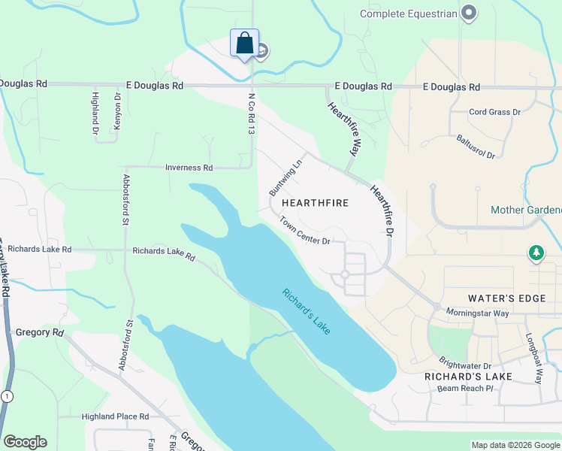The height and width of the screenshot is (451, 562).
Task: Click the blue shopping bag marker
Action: pos(244,44)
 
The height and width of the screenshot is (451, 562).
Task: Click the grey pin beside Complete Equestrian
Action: pos(470,13)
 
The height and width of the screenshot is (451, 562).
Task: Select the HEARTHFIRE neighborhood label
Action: pos(316,204)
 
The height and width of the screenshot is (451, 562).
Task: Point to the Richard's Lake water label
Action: pos(306,311)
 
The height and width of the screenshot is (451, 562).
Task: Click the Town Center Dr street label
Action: pos(305,231)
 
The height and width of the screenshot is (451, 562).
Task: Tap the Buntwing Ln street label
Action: pos(286,174)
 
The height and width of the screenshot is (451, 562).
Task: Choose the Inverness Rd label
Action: pos(189,167)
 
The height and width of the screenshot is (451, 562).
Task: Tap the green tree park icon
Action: pos(536,254)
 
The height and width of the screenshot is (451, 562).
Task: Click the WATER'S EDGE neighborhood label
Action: pos(507,298)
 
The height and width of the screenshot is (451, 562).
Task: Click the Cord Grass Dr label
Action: pos(494,112)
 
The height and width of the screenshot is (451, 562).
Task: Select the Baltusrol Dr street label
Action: pos(475,146)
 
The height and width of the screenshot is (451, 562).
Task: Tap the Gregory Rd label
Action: pos(39,331)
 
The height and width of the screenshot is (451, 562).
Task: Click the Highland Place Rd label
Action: pos(114,416)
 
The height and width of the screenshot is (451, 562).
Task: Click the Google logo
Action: pos(25,442)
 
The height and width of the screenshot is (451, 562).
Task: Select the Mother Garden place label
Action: pos(526,210)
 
